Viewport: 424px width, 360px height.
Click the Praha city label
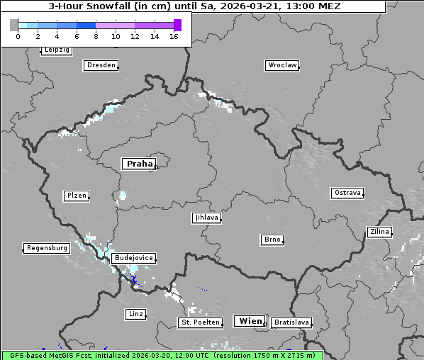pyautogui.click(x=139, y=164)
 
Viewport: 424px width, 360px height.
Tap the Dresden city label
pyautogui.click(x=101, y=65)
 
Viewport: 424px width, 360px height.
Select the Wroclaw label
pyautogui.click(x=282, y=65)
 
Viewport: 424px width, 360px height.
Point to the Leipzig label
pyautogui.click(x=56, y=50)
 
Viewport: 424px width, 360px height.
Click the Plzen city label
pyautogui.click(x=76, y=196)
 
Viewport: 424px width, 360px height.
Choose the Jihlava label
pyautogui.click(x=206, y=218)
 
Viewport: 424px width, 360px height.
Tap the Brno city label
pyautogui.click(x=272, y=240)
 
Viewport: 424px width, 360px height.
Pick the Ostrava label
pyautogui.click(x=347, y=193)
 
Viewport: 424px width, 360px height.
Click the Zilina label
pyautogui.click(x=379, y=232)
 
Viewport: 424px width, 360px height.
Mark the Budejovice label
pyautogui.click(x=133, y=258)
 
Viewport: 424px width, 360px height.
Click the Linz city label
pyautogui.click(x=135, y=313)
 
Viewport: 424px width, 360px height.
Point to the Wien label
pyautogui.click(x=250, y=321)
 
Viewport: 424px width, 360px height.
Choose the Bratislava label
pyautogui.click(x=291, y=322)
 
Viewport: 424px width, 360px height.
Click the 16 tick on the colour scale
pyautogui.click(x=174, y=36)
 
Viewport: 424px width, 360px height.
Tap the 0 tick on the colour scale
pyautogui.click(x=18, y=36)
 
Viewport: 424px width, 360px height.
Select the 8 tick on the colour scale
pyautogui.click(x=96, y=36)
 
